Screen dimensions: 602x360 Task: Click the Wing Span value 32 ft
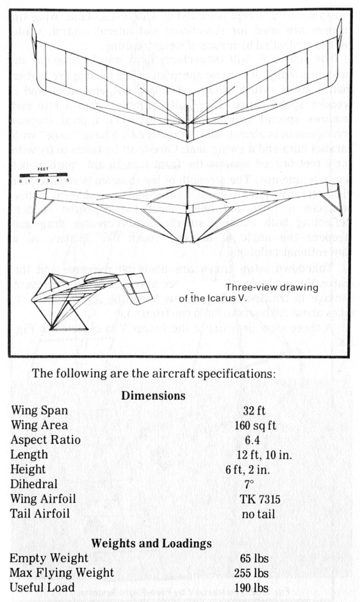point(255,410)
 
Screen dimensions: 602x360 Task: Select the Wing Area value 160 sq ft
point(255,425)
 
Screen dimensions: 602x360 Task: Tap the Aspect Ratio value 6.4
point(255,440)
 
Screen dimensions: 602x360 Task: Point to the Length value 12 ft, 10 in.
point(264,454)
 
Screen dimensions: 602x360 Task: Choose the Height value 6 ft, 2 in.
point(248,469)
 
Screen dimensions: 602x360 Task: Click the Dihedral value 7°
point(249,484)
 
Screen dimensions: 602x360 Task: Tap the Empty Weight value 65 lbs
point(255,558)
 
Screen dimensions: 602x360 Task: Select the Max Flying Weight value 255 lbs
point(255,573)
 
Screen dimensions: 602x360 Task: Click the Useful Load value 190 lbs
point(255,587)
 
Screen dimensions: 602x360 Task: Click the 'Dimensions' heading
point(153,396)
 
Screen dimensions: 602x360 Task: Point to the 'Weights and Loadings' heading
point(151,543)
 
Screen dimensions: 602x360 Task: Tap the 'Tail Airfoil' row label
point(40,514)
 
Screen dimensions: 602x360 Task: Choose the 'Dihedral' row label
point(34,484)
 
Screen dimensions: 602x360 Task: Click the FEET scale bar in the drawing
point(44,175)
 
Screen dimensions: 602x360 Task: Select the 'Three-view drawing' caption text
point(271,287)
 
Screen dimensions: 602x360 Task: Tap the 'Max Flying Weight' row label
point(62,573)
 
